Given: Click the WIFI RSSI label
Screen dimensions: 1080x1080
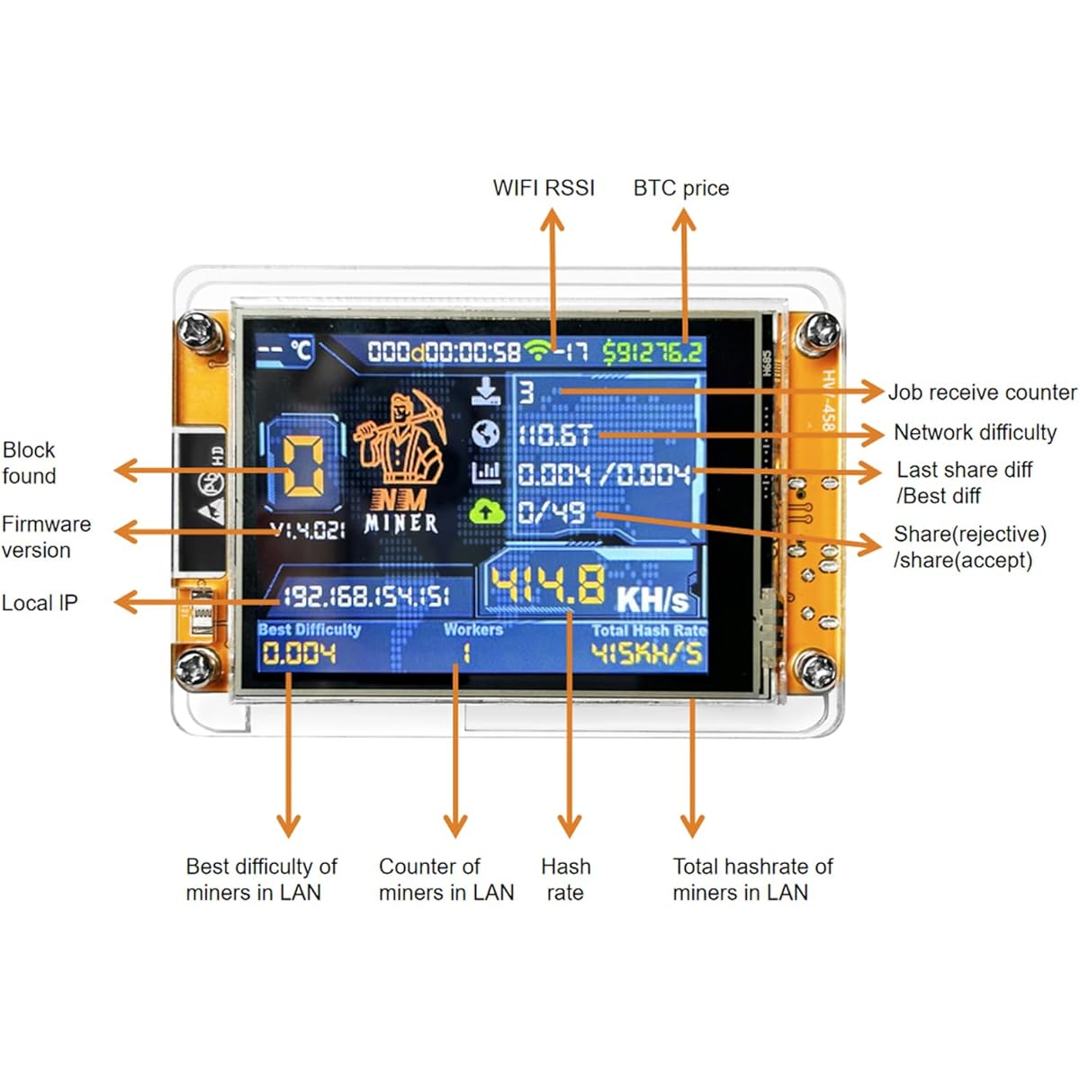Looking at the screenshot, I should click(x=544, y=188).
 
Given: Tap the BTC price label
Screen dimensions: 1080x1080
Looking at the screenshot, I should click(x=681, y=188).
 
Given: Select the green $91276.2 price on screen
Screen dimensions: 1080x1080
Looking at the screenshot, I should click(x=652, y=352).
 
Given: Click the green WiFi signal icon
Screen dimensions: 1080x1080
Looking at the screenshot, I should click(x=539, y=350).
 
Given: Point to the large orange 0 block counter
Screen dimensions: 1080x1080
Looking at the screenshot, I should click(x=303, y=465).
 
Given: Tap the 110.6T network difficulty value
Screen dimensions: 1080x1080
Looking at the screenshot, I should click(x=553, y=436).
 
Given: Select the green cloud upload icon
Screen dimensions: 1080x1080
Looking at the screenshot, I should click(x=486, y=512).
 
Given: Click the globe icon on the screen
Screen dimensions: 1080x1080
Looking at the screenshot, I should click(x=486, y=434).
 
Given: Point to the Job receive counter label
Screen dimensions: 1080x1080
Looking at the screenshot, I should click(x=982, y=392).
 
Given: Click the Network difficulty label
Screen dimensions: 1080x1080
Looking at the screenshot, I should click(x=975, y=433).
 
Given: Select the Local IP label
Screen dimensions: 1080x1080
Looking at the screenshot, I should click(x=40, y=603).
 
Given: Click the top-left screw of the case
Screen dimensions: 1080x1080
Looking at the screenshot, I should click(x=195, y=331).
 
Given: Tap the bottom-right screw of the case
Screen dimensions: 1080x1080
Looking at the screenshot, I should click(x=817, y=671).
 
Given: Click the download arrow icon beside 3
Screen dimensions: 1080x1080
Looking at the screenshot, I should click(x=486, y=390).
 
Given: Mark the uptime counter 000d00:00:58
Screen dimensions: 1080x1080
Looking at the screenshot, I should click(x=444, y=352).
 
